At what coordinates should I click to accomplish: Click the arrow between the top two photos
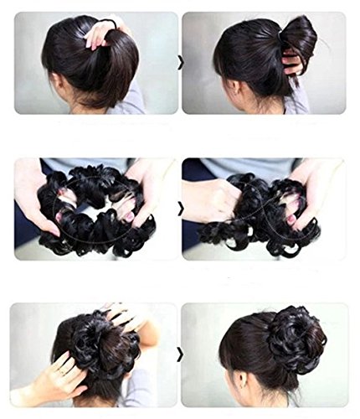pos(179,61)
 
